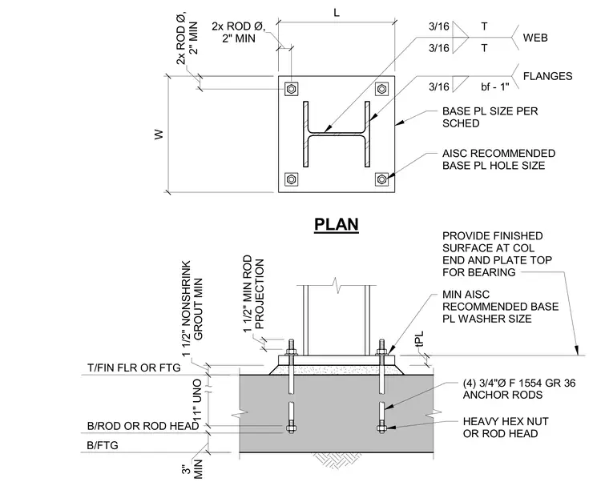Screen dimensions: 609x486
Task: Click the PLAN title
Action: [x=337, y=224]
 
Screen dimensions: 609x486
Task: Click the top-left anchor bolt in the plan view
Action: [x=292, y=90]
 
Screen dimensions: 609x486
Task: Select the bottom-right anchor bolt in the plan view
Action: [x=381, y=179]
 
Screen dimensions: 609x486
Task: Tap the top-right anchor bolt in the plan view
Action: [x=381, y=90]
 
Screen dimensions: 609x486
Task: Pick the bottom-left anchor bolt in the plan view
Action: [x=292, y=179]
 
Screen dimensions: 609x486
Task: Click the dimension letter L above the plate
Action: [x=337, y=13]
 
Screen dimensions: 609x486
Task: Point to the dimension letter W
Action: [x=159, y=135]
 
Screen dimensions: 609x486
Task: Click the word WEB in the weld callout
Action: [x=535, y=38]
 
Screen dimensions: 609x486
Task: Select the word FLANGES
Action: [x=547, y=76]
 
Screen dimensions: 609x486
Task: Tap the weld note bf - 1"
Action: [x=495, y=86]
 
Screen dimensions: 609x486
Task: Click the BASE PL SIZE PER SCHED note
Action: [x=490, y=117]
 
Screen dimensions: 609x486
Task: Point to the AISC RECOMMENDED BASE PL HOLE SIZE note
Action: [x=498, y=159]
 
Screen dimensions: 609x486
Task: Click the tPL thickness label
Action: [x=419, y=338]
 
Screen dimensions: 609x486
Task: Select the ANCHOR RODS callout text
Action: [x=519, y=389]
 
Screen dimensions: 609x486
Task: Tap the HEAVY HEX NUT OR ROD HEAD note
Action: [x=506, y=428]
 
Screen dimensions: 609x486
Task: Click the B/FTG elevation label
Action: [x=103, y=445]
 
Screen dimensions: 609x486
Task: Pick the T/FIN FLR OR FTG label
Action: [x=134, y=368]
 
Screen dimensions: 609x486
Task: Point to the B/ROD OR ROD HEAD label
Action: [x=143, y=426]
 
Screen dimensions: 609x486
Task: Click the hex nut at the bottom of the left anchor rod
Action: [x=291, y=428]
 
